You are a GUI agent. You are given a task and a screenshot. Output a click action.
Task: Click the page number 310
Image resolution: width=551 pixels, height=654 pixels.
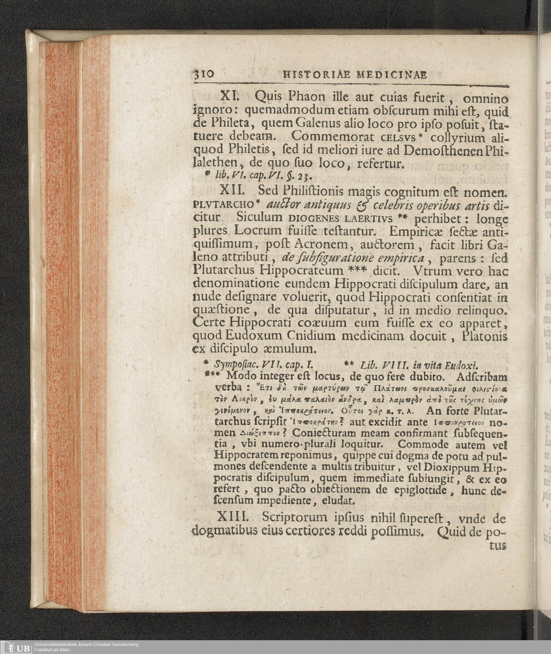204,75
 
